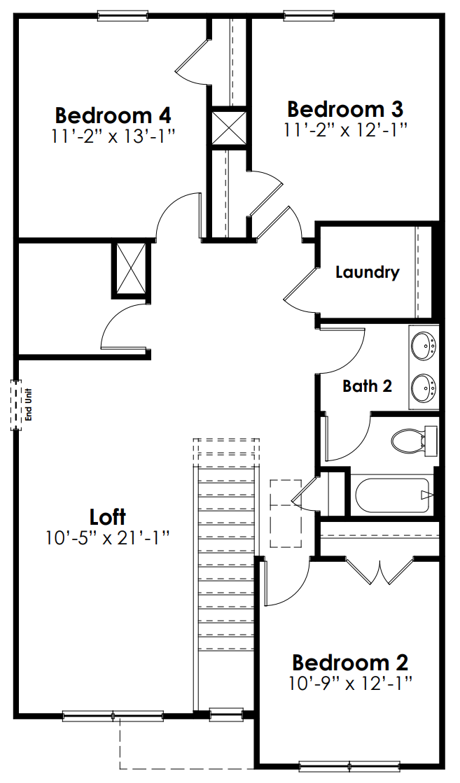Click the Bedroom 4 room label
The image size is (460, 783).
(113, 115)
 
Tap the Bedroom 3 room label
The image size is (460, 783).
(345, 110)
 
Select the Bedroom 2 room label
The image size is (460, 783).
(350, 662)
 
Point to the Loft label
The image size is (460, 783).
(108, 517)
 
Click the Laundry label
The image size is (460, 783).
(367, 272)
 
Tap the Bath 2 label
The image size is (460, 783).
(367, 386)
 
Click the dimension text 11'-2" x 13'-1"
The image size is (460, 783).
(113, 135)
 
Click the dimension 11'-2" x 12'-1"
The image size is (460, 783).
(345, 129)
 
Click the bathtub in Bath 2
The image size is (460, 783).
(391, 495)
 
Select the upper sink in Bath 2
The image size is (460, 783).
(424, 345)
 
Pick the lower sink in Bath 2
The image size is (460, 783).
(424, 387)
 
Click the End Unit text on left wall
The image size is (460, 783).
(29, 404)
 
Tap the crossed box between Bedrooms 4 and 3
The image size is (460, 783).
(229, 128)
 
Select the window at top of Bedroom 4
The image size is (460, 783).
(123, 14)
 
